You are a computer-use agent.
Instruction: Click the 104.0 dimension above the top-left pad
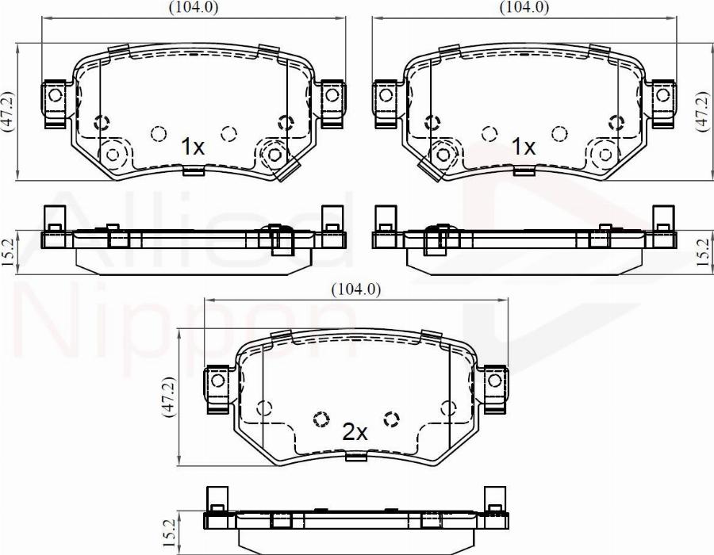[x=194, y=7]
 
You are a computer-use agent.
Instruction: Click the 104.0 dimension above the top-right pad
[x=524, y=7]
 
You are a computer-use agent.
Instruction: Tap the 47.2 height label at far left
[x=7, y=111]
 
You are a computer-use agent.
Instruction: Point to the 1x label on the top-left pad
[x=192, y=147]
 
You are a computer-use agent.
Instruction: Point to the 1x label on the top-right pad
[x=524, y=147]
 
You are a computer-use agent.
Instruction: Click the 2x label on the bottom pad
[x=355, y=432]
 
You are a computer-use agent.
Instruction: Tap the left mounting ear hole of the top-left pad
[x=55, y=96]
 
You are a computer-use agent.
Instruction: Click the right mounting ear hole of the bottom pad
[x=495, y=381]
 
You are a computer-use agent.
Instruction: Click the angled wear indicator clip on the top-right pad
[x=428, y=169]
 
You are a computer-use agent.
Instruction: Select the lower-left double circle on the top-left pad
[x=113, y=153]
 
